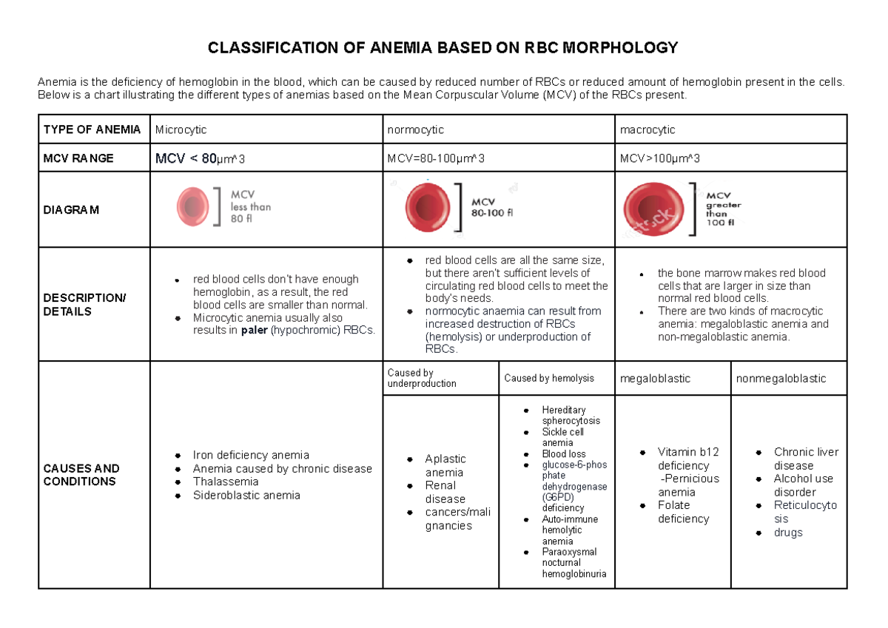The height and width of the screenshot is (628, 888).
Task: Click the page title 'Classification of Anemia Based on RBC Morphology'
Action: click(x=443, y=49)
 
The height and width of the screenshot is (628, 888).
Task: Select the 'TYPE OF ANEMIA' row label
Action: click(x=92, y=129)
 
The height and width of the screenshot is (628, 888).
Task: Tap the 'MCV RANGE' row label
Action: click(x=78, y=158)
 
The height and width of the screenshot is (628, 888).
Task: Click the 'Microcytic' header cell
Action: click(x=181, y=129)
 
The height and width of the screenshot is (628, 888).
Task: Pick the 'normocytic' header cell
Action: click(x=415, y=129)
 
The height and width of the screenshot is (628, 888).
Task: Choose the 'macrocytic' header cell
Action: click(x=647, y=129)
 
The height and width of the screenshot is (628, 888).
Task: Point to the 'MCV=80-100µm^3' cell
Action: click(x=436, y=158)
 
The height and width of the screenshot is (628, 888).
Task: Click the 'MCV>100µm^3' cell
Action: click(x=660, y=158)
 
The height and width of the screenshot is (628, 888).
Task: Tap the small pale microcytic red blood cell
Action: click(x=194, y=206)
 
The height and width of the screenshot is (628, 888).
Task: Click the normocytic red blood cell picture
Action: click(x=428, y=207)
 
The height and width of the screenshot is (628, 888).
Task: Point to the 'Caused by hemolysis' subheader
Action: click(x=549, y=378)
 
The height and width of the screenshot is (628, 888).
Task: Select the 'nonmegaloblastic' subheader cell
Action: click(x=781, y=378)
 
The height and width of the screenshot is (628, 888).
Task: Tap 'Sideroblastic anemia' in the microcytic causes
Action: click(x=246, y=495)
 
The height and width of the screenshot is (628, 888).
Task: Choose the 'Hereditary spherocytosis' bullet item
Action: click(x=571, y=415)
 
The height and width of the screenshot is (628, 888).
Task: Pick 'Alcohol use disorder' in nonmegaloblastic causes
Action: click(x=803, y=485)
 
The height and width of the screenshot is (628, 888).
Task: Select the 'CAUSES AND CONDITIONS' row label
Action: click(x=81, y=475)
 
